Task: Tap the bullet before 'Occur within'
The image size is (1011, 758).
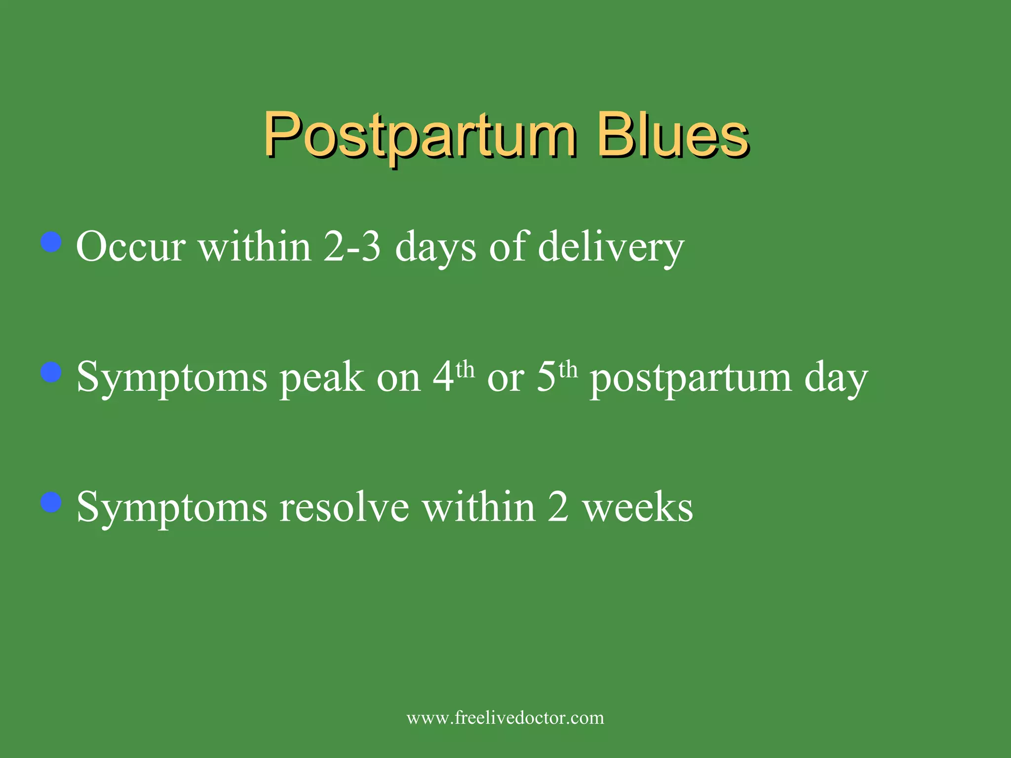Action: click(51, 242)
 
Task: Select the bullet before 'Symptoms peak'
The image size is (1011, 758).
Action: click(51, 372)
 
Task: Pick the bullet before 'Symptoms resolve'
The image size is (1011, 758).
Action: click(51, 502)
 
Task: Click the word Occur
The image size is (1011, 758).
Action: click(131, 247)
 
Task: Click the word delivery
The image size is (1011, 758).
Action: click(611, 247)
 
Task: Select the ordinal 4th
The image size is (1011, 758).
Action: click(453, 376)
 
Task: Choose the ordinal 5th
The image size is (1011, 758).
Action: click(556, 376)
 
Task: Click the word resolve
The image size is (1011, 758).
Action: click(344, 508)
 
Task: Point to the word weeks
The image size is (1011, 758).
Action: click(638, 508)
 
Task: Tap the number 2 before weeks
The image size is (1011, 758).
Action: click(558, 508)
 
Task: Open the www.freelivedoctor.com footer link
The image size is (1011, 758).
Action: click(505, 718)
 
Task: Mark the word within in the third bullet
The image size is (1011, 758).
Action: click(479, 508)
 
